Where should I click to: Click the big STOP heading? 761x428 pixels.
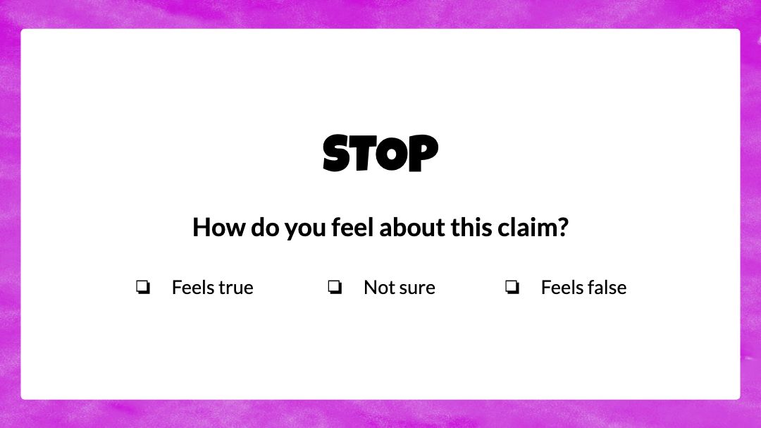[x=380, y=153]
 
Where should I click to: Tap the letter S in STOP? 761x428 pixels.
[x=336, y=153]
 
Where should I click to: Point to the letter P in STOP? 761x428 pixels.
[x=423, y=153]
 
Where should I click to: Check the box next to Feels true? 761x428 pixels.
[x=142, y=287]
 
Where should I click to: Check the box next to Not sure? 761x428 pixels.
[x=335, y=287]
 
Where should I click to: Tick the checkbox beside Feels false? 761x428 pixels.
[x=512, y=287]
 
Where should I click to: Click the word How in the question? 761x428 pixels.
[x=219, y=227]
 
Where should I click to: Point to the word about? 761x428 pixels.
[x=412, y=227]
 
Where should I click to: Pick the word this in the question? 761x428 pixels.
[x=471, y=227]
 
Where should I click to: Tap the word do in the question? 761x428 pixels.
[x=265, y=227]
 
